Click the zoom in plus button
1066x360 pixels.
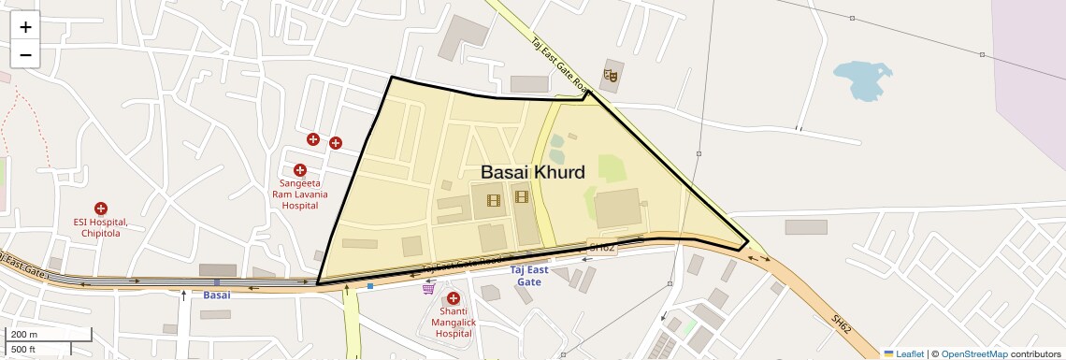point(25,27)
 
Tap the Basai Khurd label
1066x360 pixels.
point(533,172)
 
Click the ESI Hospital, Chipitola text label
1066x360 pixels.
point(101,227)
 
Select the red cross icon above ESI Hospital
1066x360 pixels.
point(101,209)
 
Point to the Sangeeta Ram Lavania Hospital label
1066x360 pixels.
point(300,194)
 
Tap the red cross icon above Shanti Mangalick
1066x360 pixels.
point(454,297)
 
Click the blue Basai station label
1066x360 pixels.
point(216,295)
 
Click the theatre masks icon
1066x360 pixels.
point(612,74)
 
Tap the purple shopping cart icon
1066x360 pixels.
point(428,288)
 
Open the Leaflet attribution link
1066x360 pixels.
point(903,353)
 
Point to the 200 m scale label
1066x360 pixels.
point(24,335)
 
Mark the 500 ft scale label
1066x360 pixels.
point(24,349)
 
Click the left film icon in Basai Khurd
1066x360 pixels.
point(493,197)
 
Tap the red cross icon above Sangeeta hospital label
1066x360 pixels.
point(300,170)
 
